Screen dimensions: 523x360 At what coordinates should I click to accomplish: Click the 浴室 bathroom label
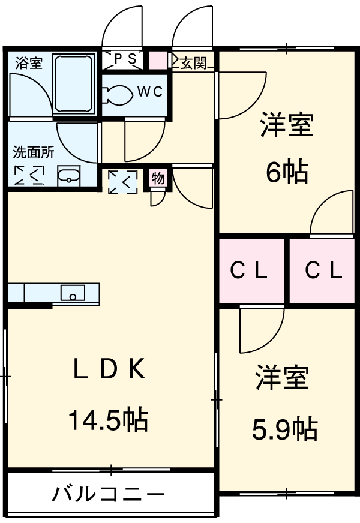[x=29, y=63]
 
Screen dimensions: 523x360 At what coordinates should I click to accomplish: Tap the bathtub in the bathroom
[x=74, y=83]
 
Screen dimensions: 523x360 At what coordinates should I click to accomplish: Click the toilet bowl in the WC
[x=119, y=94]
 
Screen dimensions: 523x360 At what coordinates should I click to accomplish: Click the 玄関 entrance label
[x=194, y=62]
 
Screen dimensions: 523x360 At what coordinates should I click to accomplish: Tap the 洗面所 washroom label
[x=34, y=152]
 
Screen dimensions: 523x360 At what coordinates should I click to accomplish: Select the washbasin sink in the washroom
[x=68, y=176]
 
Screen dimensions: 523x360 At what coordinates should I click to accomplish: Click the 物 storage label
[x=158, y=178]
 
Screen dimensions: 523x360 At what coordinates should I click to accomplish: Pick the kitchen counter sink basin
[x=73, y=293]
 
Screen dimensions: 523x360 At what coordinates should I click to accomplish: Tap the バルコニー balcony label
[x=108, y=495]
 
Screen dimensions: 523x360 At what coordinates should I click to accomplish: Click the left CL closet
[x=250, y=271]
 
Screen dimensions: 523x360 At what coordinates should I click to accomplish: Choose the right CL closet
[x=323, y=271]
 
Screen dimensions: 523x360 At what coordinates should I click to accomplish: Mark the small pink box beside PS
[x=157, y=59]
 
